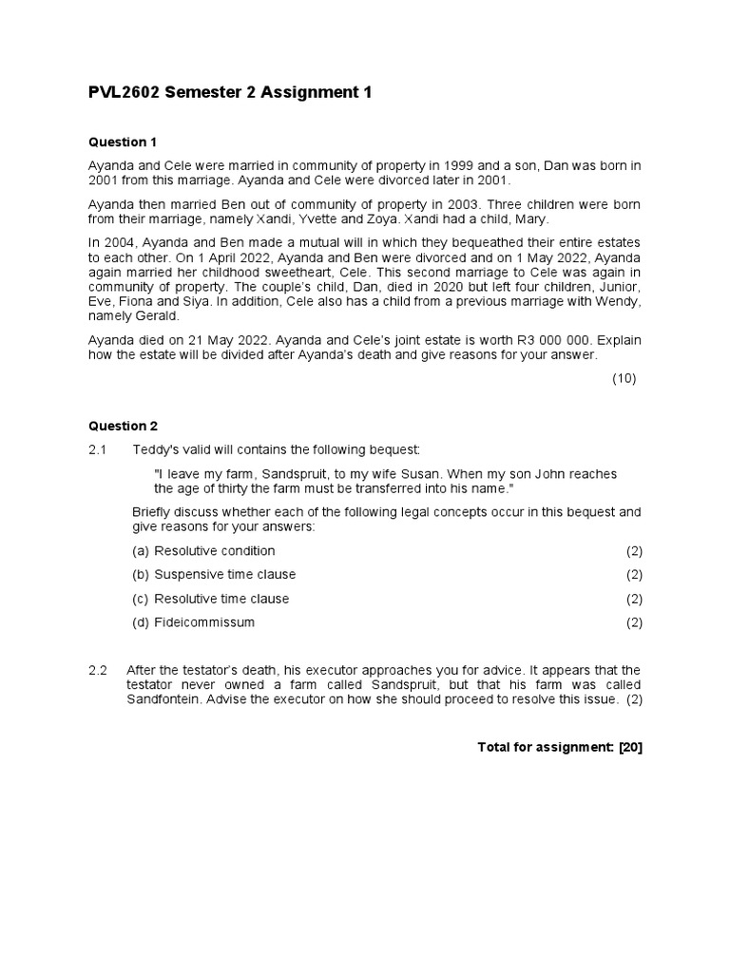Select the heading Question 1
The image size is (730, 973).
click(123, 143)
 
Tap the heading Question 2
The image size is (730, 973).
click(123, 426)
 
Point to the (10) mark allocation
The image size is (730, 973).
click(624, 378)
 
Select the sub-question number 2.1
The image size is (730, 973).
click(99, 448)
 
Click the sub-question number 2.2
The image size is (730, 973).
click(99, 670)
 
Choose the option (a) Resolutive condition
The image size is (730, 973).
click(203, 551)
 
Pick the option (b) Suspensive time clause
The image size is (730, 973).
click(214, 575)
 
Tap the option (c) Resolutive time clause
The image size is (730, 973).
click(210, 599)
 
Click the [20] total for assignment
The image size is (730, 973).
click(630, 747)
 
